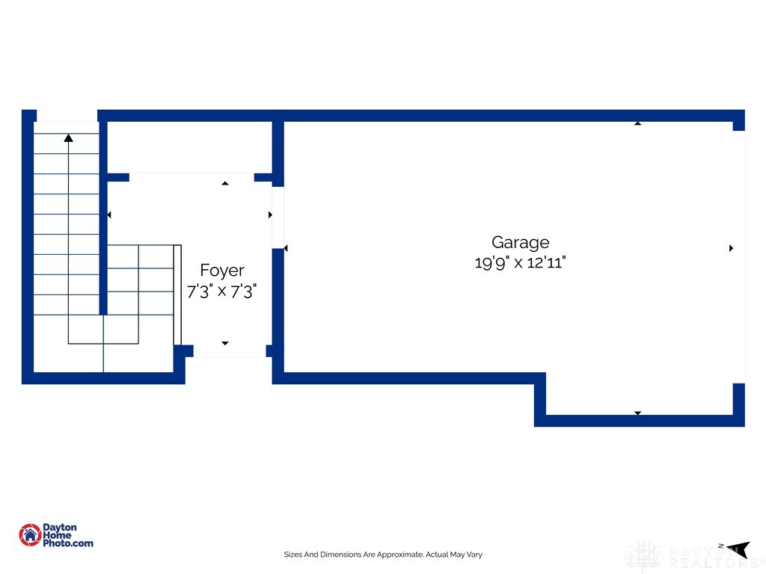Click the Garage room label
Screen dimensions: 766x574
521,243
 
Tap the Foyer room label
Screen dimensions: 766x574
222,271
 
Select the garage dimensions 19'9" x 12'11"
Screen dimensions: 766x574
521,262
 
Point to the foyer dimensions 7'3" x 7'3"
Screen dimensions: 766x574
221,291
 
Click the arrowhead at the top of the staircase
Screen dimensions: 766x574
68,138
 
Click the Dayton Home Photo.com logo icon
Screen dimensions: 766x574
30,535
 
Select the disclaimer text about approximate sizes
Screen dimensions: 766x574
383,555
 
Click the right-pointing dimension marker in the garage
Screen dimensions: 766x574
732,248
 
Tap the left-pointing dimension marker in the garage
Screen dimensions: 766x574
286,248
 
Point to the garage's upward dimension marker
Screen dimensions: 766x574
637,123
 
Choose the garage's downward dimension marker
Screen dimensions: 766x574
637,413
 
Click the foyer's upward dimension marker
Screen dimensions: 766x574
225,183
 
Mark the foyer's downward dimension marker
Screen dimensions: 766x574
225,343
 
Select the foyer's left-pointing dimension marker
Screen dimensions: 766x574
109,215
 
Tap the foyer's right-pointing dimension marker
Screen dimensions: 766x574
270,215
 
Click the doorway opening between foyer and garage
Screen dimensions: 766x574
278,217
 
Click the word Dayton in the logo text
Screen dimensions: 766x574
60,527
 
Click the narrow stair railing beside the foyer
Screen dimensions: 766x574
177,294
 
